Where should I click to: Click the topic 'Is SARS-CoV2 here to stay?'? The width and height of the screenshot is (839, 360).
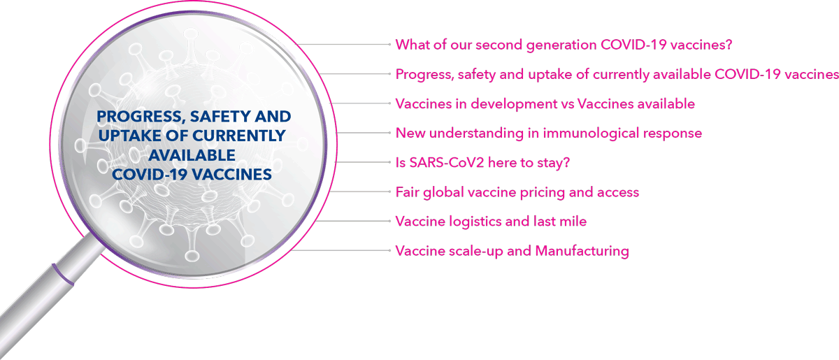tap(482, 163)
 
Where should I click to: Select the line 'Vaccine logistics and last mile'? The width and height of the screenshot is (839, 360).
tap(491, 222)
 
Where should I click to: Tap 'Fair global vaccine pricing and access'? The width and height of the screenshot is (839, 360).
tap(517, 192)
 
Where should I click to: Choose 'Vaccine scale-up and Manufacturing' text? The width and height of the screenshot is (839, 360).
tap(512, 251)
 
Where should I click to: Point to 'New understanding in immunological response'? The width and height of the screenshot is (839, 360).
tap(549, 134)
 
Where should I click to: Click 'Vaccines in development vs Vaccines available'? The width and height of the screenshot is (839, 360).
tap(545, 103)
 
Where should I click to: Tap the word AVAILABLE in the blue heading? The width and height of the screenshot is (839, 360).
tap(192, 155)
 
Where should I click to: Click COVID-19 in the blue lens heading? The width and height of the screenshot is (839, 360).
tap(150, 175)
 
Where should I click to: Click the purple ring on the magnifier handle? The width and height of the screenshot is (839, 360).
tap(62, 275)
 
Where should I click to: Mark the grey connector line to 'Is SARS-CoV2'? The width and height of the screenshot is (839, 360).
tap(363, 162)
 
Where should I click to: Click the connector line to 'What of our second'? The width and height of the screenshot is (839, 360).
tap(343, 45)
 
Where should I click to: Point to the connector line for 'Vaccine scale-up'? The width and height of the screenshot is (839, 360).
tap(341, 250)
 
